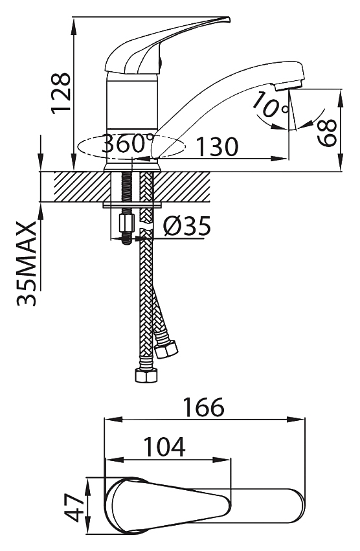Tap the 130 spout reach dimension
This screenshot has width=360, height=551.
218,146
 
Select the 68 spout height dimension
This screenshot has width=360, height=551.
327,133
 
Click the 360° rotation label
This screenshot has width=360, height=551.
128,144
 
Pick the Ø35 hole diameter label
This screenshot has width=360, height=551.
186,226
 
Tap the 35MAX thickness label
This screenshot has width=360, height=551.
27,264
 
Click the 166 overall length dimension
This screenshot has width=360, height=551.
204,407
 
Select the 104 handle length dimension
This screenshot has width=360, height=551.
165,447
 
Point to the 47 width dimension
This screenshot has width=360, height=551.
73,508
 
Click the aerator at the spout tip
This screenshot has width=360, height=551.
288,85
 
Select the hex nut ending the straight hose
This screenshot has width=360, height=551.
146,375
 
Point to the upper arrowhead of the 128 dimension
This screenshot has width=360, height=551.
73,27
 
